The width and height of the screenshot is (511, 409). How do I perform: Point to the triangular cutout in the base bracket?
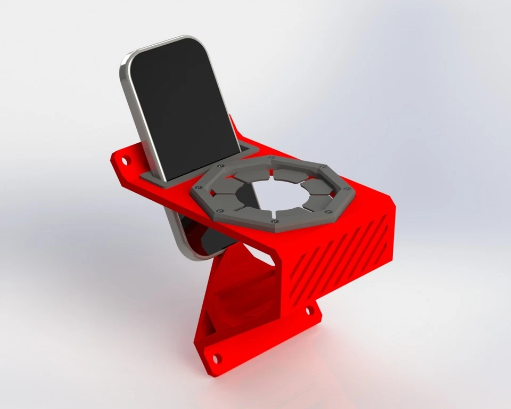pos(209,321)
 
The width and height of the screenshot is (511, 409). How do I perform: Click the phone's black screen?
pos(181,107)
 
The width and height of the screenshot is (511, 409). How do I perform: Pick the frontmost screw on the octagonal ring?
pos(273,220)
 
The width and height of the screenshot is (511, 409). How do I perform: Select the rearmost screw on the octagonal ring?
pos(271,158)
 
